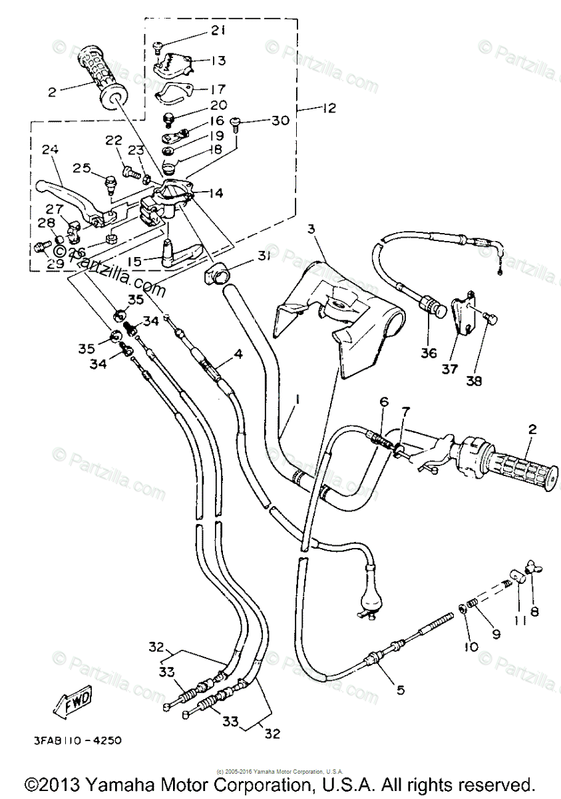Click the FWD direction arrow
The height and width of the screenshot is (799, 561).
[x=73, y=702]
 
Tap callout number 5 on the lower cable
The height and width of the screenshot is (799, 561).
[x=399, y=690]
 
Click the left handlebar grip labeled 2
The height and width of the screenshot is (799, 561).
[x=101, y=74]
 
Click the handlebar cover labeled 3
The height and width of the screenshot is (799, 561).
[x=339, y=313]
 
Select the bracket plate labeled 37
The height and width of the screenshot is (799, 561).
[x=463, y=316]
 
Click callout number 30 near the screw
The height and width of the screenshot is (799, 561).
[x=280, y=121]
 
